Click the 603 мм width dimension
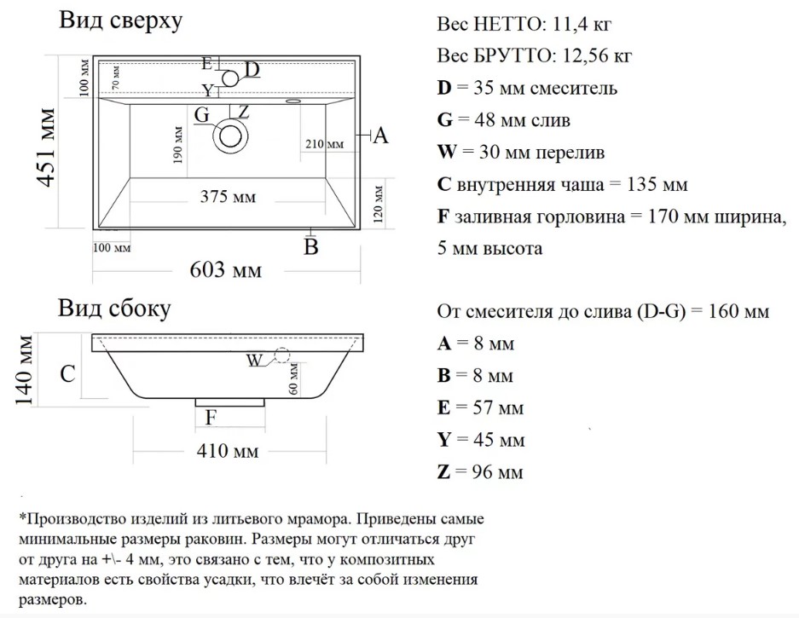coord(226,270)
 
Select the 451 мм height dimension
coord(46,147)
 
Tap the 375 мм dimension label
coord(228,197)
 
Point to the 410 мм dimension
coord(228,450)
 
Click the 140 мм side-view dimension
coord(24,370)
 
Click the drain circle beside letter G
coord(230,136)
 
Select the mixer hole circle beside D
coord(230,78)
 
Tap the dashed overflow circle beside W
coord(281,355)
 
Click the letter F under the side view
coord(211,418)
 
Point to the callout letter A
coord(380,136)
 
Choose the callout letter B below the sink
coord(311,247)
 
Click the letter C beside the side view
coord(67,374)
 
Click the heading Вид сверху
coord(121,21)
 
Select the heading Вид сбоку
coord(114,309)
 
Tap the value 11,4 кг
coord(582,24)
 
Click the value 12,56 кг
coord(597,55)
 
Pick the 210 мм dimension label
coord(325,144)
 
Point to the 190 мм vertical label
coord(178,145)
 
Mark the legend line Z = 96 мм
coord(480,471)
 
